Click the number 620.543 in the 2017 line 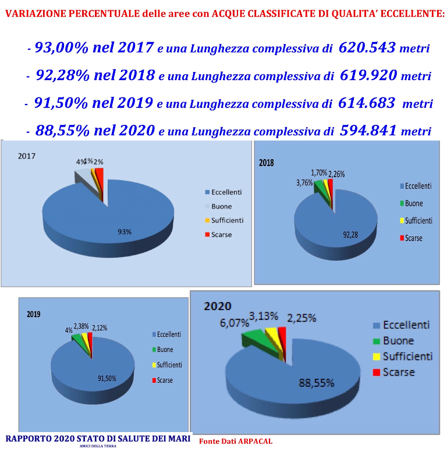pyautogui.click(x=367, y=48)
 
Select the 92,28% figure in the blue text pyautogui.click(x=62, y=75)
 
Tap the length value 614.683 pyautogui.click(x=367, y=103)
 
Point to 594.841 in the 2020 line pyautogui.click(x=368, y=130)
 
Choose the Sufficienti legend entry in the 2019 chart pyautogui.click(x=167, y=365)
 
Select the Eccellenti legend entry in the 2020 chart pyautogui.click(x=401, y=325)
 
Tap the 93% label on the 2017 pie pyautogui.click(x=125, y=232)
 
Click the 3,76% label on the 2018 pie pyautogui.click(x=304, y=183)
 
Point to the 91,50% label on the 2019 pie pyautogui.click(x=107, y=379)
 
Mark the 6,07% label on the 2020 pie pyautogui.click(x=234, y=323)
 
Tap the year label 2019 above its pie pyautogui.click(x=34, y=314)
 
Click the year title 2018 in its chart pyautogui.click(x=267, y=163)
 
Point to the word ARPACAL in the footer pyautogui.click(x=255, y=441)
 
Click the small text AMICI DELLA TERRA pyautogui.click(x=98, y=446)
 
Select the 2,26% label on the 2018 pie pyautogui.click(x=336, y=174)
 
